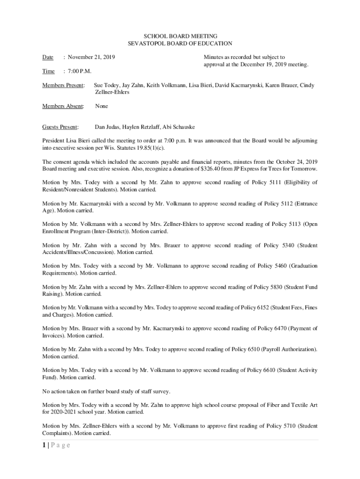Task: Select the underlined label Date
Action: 48,58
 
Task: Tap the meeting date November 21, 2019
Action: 92,58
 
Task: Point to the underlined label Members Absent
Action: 63,106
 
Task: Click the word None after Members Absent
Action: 101,106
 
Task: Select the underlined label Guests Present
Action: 60,127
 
